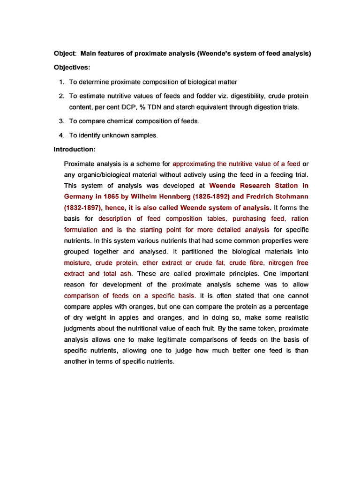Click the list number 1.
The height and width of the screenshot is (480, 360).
(61, 82)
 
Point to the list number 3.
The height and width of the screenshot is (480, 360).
(61, 121)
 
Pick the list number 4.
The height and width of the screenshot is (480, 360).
(61, 135)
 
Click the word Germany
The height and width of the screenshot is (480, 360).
(78, 196)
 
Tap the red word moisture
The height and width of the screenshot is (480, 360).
(77, 263)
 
